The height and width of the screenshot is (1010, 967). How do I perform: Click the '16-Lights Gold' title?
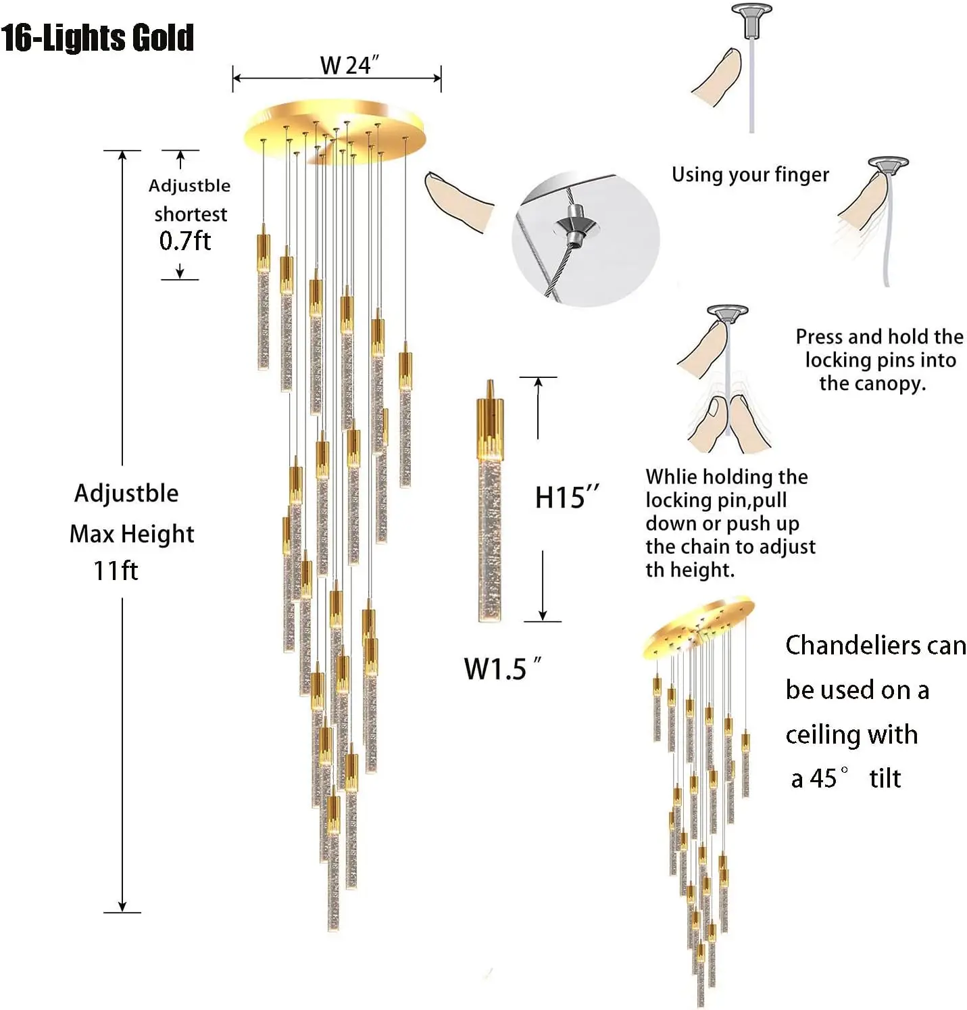point(97,37)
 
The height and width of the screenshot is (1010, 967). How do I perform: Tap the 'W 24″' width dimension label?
point(349,66)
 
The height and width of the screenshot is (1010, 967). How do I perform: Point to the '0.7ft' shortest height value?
point(184,241)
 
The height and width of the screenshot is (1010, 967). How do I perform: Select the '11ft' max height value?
point(116,571)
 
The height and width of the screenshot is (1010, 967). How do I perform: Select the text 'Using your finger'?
point(749,174)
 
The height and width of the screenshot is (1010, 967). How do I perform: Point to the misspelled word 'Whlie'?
point(671,477)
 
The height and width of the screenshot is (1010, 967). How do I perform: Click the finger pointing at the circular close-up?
point(460,201)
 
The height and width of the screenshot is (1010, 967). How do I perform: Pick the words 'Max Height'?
point(132,534)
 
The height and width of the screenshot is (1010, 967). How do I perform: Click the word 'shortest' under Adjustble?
point(191,214)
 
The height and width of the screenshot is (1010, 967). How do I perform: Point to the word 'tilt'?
point(885,778)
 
